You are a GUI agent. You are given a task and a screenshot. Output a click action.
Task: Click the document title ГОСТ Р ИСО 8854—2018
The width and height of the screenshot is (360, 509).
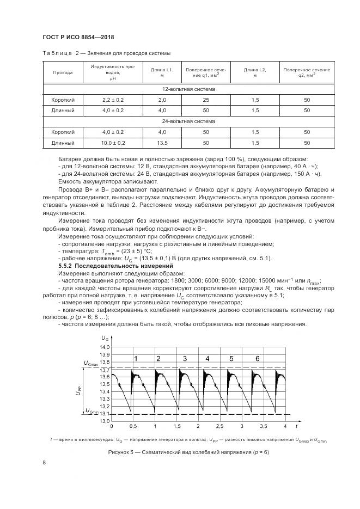[x=80, y=37]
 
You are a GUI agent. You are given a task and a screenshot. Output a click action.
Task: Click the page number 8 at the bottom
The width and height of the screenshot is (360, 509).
[x=44, y=463]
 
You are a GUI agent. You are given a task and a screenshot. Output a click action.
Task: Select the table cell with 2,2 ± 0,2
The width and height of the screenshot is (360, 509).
[x=113, y=100]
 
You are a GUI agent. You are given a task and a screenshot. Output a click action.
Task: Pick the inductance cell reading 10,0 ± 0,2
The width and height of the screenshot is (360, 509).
[x=113, y=143]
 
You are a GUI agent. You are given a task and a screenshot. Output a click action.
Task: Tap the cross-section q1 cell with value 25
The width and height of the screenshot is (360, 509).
[x=206, y=100]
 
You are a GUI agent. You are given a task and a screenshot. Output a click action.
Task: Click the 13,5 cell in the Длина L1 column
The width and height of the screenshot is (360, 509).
[x=162, y=143]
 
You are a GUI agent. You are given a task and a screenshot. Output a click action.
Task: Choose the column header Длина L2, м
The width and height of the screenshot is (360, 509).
[x=254, y=72]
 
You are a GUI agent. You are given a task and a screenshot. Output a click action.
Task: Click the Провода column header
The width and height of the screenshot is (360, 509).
[x=59, y=72]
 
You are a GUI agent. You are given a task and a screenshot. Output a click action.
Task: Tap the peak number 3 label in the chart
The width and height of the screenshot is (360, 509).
[x=185, y=358]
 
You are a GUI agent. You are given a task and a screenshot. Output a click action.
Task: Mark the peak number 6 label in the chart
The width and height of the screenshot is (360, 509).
[x=257, y=358]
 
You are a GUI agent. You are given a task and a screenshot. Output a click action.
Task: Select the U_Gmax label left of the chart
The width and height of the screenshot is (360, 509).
[x=91, y=363]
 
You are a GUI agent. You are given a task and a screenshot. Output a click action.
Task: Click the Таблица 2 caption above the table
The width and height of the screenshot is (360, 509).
[x=107, y=53]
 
